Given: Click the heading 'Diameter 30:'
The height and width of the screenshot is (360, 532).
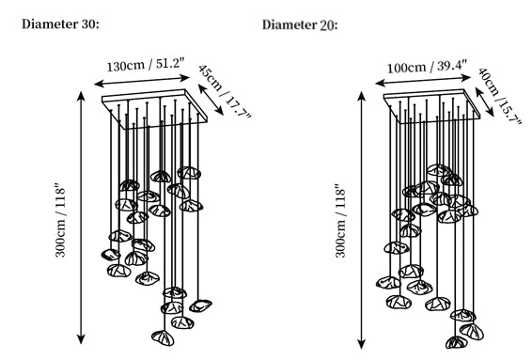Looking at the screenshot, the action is coord(60,24).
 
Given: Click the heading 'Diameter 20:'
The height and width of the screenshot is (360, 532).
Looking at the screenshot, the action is coord(300,25).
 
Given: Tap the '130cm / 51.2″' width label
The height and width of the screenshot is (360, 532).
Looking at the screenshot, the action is coord(146,65).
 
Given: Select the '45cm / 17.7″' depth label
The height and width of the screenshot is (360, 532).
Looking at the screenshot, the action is coord(225,91).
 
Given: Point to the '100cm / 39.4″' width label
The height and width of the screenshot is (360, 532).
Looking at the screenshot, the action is coord(427,67).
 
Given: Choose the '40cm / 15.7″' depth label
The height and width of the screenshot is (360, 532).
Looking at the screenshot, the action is coord(499,97).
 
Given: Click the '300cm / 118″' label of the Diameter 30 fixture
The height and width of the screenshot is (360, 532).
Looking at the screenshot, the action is coord(60,221).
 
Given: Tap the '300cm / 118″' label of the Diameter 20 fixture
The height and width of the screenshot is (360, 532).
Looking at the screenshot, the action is coord(340,221).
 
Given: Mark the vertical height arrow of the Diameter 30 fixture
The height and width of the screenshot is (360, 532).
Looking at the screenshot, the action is coord(81,218).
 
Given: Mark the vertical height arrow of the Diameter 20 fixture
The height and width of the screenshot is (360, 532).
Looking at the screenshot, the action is coord(362,221).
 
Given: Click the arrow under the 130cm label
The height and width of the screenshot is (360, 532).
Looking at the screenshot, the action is coord(142,81).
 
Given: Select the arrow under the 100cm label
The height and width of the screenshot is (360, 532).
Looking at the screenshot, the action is coord(423,81).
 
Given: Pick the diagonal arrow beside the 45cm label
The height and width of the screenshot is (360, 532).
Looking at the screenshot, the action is coord(211,100).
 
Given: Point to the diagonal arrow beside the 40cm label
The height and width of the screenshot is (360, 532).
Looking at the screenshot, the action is coord(485,102).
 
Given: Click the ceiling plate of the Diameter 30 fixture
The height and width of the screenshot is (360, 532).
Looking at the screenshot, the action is coord(155,109).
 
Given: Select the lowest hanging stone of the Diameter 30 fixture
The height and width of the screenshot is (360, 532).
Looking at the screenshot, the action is coord(163,338).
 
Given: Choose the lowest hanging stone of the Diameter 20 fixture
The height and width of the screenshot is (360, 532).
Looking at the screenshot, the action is coord(457,342).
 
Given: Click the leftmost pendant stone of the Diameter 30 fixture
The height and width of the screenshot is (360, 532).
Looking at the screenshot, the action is coord(111,255).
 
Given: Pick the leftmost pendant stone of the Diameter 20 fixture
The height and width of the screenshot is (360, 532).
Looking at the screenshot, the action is coord(388,283).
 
